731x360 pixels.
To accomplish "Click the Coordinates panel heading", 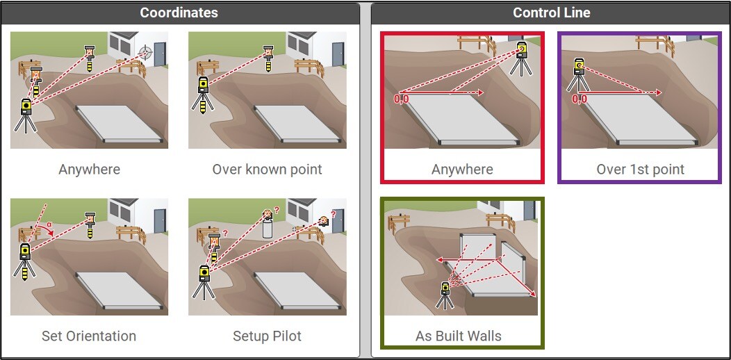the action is (x=179, y=13).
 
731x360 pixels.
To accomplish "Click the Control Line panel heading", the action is (x=552, y=13).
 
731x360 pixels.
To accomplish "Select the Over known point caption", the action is (x=267, y=169).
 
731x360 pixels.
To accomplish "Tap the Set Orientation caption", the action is (x=89, y=336).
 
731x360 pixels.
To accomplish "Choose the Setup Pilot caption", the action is (x=267, y=336).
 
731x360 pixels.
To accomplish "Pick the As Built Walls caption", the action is (x=459, y=336).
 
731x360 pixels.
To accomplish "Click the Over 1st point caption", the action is (x=641, y=169).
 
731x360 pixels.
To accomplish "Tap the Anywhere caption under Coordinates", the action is (x=90, y=170).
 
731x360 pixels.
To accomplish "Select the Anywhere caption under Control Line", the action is (x=463, y=169).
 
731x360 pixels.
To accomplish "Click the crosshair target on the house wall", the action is (x=146, y=51).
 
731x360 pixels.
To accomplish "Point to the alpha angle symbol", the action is (x=49, y=224).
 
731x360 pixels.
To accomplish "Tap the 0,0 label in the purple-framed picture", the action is (x=580, y=99).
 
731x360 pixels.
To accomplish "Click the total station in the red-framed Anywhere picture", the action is (x=522, y=58).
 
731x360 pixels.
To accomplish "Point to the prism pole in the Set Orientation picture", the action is (x=90, y=224).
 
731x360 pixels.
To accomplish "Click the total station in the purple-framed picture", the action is (x=579, y=74).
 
